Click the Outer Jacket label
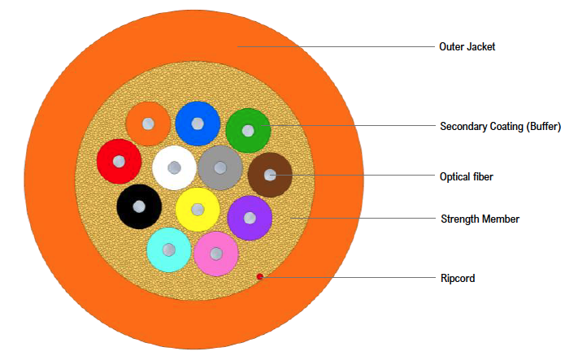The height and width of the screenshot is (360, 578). click(467, 47)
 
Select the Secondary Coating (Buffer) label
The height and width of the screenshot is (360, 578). click(500, 127)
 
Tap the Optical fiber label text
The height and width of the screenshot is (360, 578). click(467, 176)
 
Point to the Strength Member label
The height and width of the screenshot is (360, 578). click(480, 219)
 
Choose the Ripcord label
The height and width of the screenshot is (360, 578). click(457, 279)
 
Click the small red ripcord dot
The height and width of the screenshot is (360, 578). click(259, 276)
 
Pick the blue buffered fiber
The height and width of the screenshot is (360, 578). click(198, 124)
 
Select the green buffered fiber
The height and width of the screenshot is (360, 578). click(248, 130)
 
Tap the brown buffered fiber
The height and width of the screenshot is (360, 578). click(270, 175)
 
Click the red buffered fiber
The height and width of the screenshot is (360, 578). click(119, 161)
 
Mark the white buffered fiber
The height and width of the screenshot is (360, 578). click(174, 167)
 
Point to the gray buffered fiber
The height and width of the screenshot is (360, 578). click(219, 168)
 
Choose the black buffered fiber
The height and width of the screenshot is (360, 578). click(139, 206)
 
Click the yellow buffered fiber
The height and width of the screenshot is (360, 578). click(198, 210)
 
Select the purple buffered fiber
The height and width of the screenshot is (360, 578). click(250, 218)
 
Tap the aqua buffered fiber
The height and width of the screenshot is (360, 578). click(169, 249)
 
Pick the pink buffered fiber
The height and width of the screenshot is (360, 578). click(215, 254)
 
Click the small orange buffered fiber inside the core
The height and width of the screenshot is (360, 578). click(148, 124)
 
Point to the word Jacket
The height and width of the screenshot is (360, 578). click(481, 47)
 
